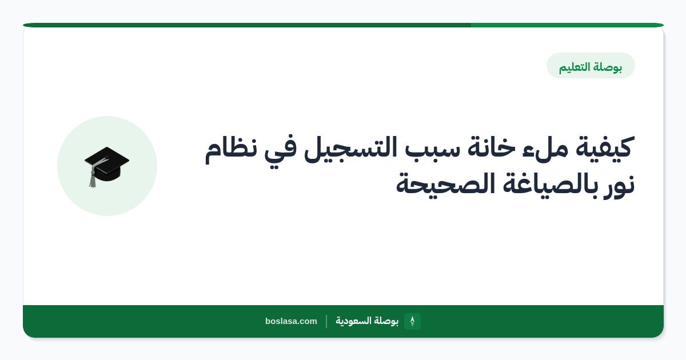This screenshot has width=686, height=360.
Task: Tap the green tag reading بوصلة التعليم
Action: [x=591, y=66]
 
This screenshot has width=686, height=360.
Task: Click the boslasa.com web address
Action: [x=291, y=321]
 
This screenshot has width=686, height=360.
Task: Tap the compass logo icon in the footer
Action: [x=412, y=321]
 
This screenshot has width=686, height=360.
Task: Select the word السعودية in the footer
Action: [x=353, y=321]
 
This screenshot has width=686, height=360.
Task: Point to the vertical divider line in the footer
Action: [x=326, y=321]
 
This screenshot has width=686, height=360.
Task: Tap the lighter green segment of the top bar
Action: [x=567, y=25]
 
